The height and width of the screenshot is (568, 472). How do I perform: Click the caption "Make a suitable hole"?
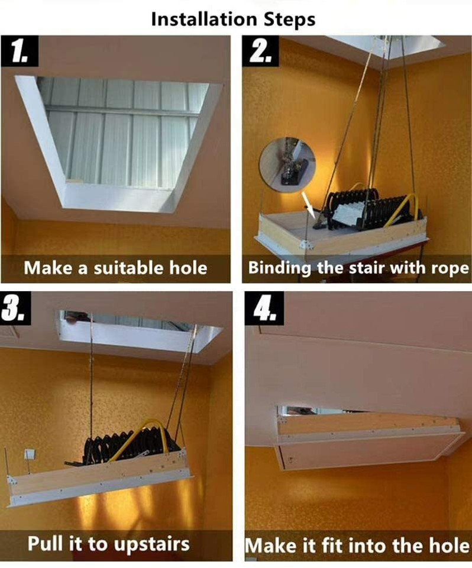coord(116,268)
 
